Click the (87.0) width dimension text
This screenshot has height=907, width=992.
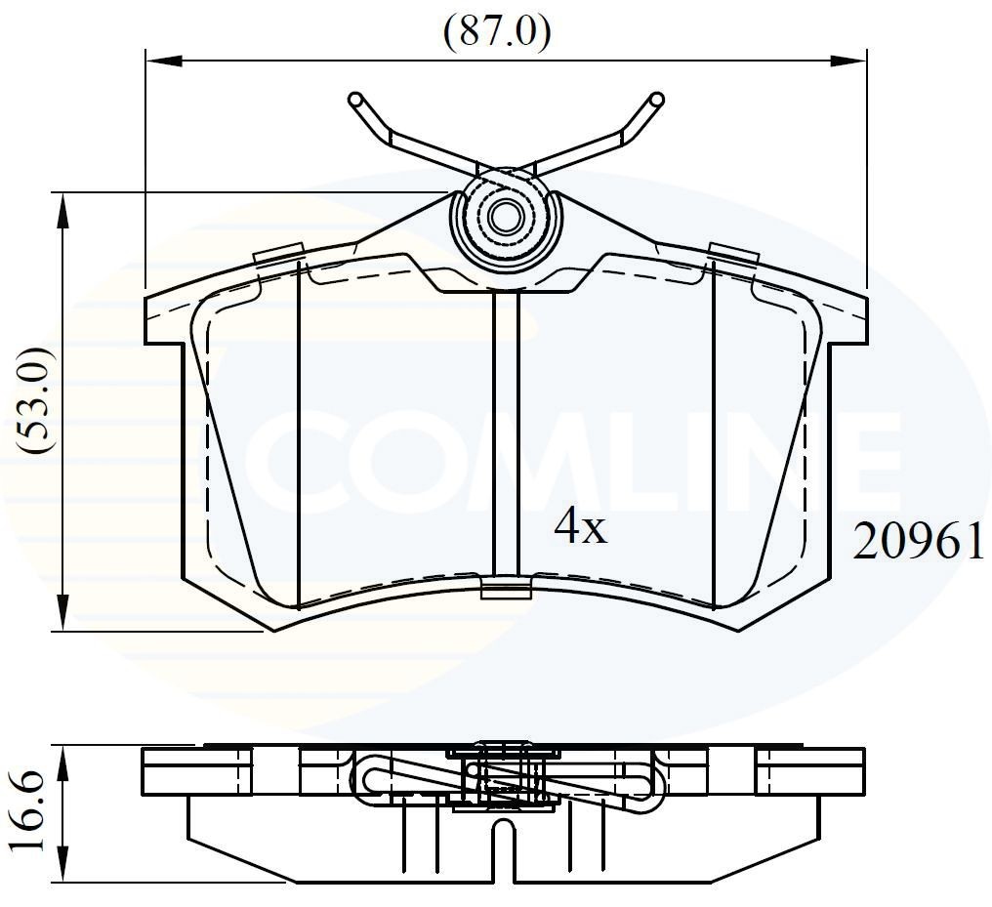(x=497, y=32)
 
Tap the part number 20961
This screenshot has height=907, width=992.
(x=918, y=541)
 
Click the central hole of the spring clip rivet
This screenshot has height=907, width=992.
(x=506, y=217)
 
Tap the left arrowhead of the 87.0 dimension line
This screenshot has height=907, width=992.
(x=162, y=61)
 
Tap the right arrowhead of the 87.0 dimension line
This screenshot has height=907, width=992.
(x=851, y=61)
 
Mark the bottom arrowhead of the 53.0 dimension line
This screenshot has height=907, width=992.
(x=63, y=615)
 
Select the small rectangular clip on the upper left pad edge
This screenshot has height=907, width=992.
(x=276, y=254)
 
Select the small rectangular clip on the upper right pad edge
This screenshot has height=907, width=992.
(x=733, y=253)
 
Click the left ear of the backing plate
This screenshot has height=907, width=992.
(x=164, y=317)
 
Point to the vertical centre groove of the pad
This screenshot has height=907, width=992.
(x=506, y=430)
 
